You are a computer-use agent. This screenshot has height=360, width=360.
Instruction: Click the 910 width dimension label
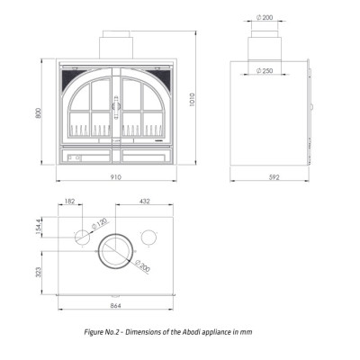click(x=116, y=177)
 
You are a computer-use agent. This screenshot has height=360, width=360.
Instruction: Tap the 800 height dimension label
click(x=38, y=112)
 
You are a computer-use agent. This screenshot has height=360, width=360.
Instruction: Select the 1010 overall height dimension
click(x=193, y=99)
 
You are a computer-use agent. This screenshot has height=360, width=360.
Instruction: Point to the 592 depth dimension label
click(x=274, y=177)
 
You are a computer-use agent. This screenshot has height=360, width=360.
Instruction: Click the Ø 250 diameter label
click(x=265, y=71)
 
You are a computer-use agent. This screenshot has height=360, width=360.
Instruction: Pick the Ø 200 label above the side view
click(x=265, y=17)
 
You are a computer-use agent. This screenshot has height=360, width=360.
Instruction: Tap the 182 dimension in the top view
click(x=69, y=201)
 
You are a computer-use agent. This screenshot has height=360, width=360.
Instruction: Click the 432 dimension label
click(x=145, y=201)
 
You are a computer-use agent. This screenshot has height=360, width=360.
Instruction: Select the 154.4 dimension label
click(x=38, y=227)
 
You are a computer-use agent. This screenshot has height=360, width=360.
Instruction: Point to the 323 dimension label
click(x=38, y=272)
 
